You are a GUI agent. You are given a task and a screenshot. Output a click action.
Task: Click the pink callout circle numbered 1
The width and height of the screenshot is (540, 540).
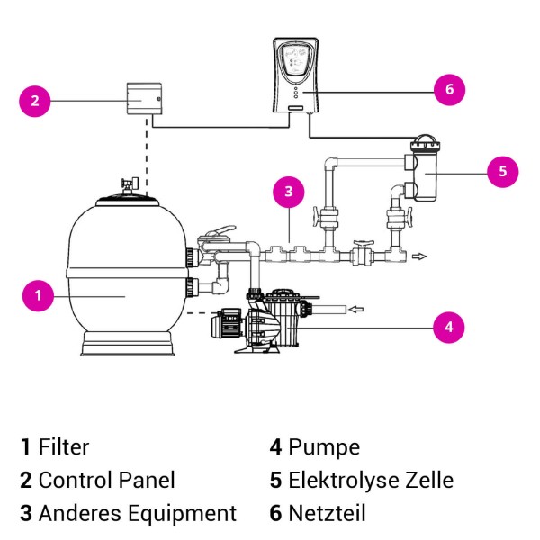[38, 293]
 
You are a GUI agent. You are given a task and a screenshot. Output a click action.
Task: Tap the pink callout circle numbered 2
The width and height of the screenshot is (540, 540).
[35, 101]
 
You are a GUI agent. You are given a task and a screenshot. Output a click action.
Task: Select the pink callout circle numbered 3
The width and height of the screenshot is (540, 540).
[289, 191]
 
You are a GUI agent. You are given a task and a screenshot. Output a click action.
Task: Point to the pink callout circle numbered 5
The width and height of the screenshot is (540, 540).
[502, 171]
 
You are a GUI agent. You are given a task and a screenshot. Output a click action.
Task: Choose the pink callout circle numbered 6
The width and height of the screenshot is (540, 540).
[447, 88]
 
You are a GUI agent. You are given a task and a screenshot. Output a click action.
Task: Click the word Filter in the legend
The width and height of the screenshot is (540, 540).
[64, 446]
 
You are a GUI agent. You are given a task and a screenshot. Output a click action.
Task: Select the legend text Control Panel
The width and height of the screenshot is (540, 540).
[106, 480]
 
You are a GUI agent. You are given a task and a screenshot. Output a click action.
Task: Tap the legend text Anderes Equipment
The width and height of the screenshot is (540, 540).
[137, 513]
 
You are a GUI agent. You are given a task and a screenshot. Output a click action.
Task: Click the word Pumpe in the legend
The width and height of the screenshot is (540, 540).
[324, 446]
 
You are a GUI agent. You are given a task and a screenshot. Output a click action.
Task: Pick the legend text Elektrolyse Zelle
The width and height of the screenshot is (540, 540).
[371, 480]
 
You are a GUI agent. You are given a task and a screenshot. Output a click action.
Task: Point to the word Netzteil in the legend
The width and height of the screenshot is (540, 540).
[327, 513]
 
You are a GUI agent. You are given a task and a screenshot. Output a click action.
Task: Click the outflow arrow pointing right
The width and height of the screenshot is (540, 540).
[418, 256]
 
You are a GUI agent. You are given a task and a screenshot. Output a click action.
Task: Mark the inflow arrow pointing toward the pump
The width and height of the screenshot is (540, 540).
[355, 310]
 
